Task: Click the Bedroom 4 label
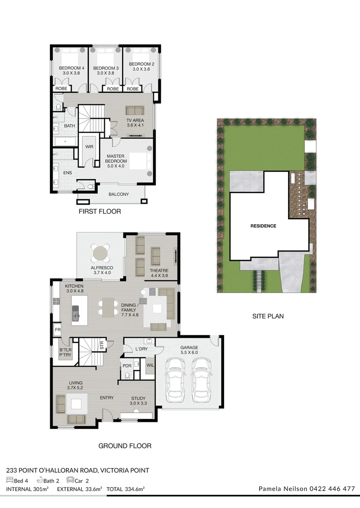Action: [x=68, y=71]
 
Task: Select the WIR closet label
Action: [x=89, y=147]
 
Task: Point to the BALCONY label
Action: [x=118, y=194]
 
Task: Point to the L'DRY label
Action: [x=141, y=349]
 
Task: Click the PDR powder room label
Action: [x=127, y=366]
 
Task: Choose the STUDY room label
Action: [x=138, y=401]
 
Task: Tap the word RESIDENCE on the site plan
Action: [x=263, y=226]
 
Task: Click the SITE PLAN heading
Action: [x=268, y=317]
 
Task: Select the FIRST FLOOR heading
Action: [x=100, y=212]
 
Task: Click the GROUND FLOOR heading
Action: [x=125, y=446]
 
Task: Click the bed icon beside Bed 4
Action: [x=9, y=480]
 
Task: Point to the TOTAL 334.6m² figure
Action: [x=125, y=489]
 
